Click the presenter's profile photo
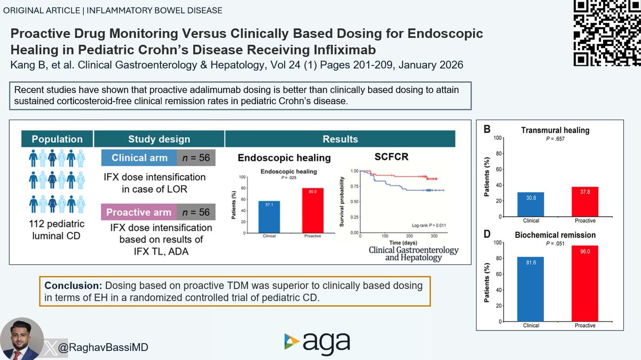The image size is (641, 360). (x=21, y=339)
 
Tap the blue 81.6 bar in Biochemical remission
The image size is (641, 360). (x=531, y=289)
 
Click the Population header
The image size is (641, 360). (x=57, y=139)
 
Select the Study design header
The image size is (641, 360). (x=159, y=139)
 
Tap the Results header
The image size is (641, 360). (x=340, y=139)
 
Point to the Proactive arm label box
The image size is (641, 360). (x=139, y=212)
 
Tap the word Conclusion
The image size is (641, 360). (x=69, y=286)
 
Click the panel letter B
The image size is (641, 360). (x=488, y=129)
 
